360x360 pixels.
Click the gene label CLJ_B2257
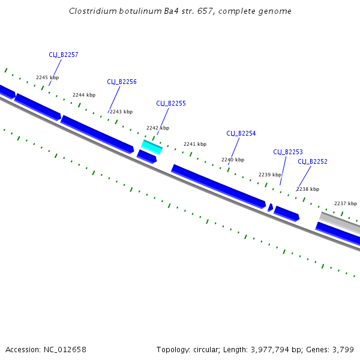point(64,55)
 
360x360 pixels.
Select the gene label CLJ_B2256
point(122,82)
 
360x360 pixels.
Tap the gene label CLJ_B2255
point(171,103)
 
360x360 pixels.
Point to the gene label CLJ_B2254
point(241,133)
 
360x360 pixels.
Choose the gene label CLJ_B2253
point(288,152)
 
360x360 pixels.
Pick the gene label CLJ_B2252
point(313,161)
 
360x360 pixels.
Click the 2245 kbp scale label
point(47,77)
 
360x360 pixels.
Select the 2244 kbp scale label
point(84,95)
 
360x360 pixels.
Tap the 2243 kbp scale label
point(121,112)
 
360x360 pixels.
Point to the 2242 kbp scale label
point(158,128)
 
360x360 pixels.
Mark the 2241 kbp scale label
point(195,144)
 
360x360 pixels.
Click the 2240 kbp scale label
point(233,160)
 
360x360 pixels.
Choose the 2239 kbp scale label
point(270,175)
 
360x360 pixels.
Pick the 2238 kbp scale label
point(308,189)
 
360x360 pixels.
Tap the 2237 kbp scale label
point(346,203)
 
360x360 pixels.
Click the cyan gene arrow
point(152,146)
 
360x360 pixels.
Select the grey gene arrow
point(340,222)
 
